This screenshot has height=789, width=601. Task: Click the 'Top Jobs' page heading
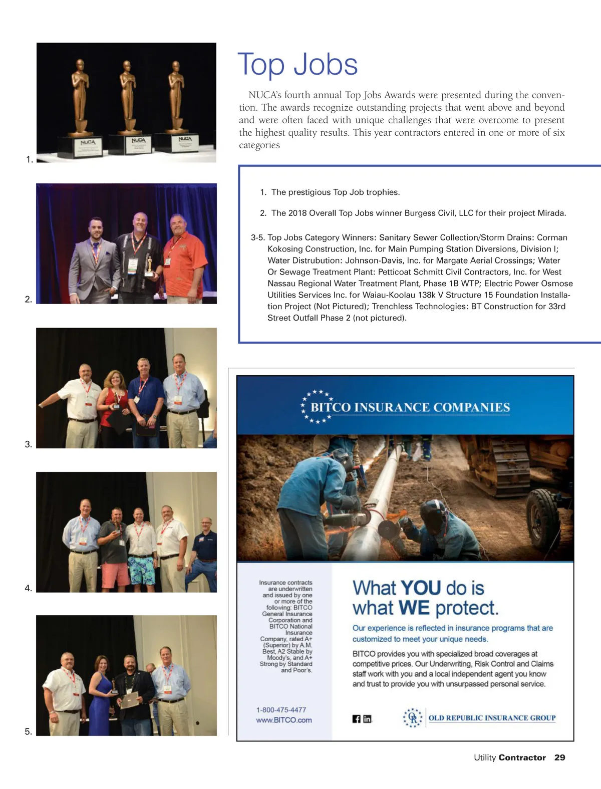[x=297, y=65]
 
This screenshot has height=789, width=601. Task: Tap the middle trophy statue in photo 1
[x=128, y=98]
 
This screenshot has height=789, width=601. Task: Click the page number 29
[x=559, y=757]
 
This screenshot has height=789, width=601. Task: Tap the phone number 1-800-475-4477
[x=281, y=710]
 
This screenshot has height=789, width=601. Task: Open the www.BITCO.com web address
[x=283, y=720]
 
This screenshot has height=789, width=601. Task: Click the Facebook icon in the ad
[x=357, y=719]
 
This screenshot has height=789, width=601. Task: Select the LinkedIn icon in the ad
[x=367, y=719]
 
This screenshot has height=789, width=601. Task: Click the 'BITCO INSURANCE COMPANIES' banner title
[x=410, y=407]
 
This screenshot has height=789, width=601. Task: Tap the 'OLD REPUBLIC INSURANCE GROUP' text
[x=492, y=718]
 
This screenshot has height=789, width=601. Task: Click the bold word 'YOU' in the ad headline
[x=421, y=588]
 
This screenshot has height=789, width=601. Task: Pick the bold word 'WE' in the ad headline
[x=414, y=608]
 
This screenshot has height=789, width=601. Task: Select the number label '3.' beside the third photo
[x=29, y=444]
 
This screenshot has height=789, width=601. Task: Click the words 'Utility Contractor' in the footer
[x=509, y=757]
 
